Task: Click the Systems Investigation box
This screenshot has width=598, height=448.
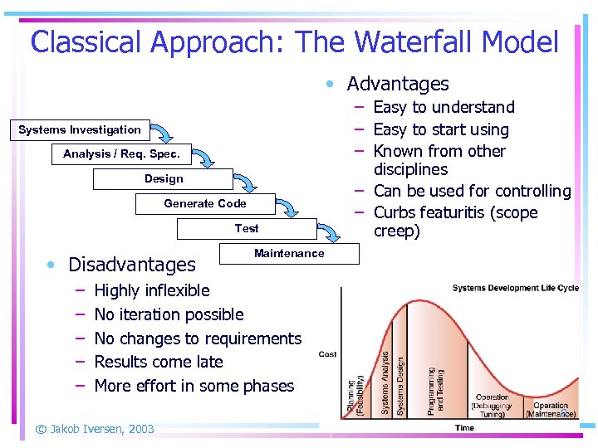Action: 80,129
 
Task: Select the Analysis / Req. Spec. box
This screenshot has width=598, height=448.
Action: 121,153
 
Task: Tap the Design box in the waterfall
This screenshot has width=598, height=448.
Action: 164,178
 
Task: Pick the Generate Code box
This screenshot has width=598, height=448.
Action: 205,203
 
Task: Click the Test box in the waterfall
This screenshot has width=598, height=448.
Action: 247,228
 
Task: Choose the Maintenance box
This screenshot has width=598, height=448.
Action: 289,253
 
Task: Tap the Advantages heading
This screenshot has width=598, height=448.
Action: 397,84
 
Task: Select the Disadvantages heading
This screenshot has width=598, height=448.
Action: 132,265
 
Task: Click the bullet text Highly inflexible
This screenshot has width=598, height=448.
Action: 152,290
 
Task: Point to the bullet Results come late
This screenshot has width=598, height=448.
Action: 159,362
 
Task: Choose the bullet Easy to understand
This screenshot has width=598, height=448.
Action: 444,107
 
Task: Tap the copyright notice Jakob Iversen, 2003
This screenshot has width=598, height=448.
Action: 94,429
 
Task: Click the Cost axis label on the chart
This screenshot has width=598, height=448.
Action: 328,354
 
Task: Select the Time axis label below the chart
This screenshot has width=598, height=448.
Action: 464,428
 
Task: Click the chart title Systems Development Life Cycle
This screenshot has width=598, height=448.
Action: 515,288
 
